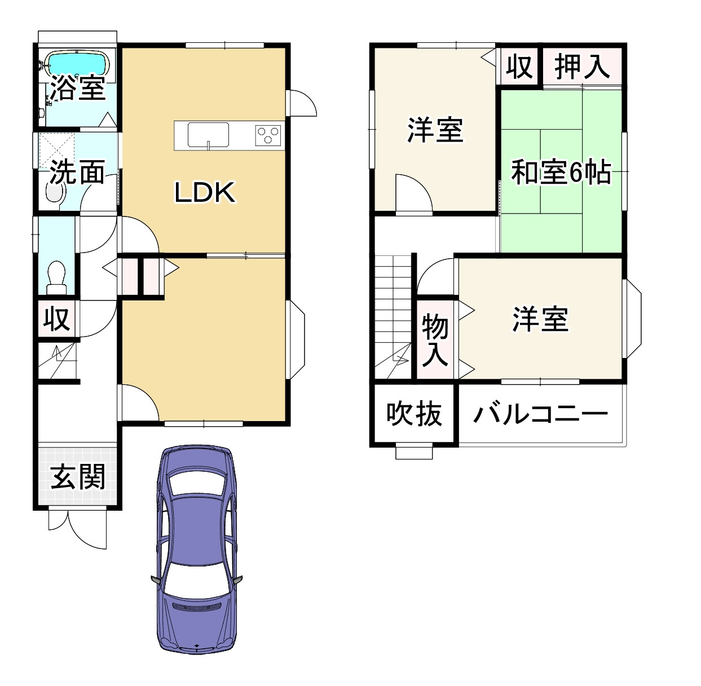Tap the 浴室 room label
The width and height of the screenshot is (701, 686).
pyautogui.click(x=78, y=88)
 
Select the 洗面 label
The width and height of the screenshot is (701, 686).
pyautogui.click(x=77, y=172)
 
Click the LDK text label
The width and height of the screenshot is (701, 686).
pyautogui.click(x=204, y=193)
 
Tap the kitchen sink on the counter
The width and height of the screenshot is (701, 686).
pyautogui.click(x=208, y=135)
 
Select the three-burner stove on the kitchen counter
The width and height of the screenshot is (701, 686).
pyautogui.click(x=268, y=135)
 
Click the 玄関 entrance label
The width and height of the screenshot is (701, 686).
pyautogui.click(x=78, y=478)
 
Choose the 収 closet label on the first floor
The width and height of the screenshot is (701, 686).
pyautogui.click(x=56, y=319)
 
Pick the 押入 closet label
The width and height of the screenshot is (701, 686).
pyautogui.click(x=582, y=67)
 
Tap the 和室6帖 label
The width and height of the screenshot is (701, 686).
pyautogui.click(x=561, y=172)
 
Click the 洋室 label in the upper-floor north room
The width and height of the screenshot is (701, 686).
pyautogui.click(x=435, y=130)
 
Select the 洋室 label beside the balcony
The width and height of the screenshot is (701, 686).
pyautogui.click(x=540, y=319)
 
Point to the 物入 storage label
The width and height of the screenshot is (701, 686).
pyautogui.click(x=435, y=340)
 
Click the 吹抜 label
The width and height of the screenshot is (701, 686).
pyautogui.click(x=414, y=415)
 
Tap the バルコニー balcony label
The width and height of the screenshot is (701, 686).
pyautogui.click(x=540, y=415)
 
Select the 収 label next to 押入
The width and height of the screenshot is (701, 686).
pyautogui.click(x=518, y=67)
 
